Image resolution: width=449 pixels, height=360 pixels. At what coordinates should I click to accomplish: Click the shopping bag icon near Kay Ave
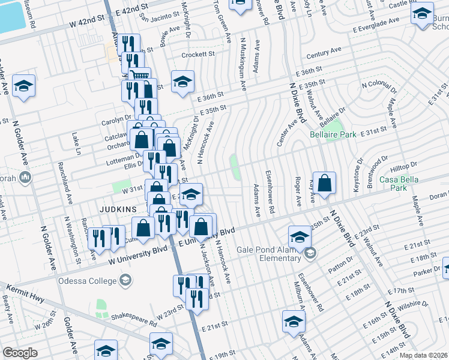(324, 184)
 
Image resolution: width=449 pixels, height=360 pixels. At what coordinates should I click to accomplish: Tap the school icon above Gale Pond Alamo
(300, 236)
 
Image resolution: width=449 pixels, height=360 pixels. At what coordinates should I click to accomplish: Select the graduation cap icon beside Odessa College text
(125, 280)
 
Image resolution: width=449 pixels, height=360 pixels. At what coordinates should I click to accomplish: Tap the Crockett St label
(199, 54)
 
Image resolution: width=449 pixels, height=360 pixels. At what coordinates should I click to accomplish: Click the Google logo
(20, 353)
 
